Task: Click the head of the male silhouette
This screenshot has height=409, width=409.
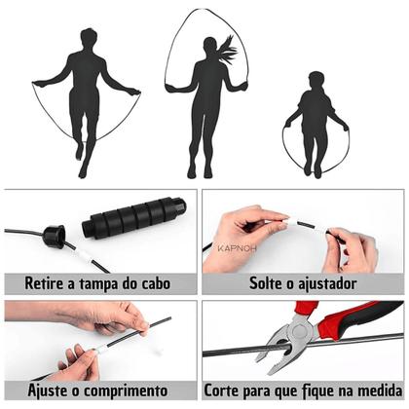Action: pyautogui.click(x=88, y=39)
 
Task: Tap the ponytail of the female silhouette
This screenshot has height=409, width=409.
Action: pyautogui.click(x=227, y=48)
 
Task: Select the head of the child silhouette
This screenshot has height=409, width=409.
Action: pyautogui.click(x=316, y=80)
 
